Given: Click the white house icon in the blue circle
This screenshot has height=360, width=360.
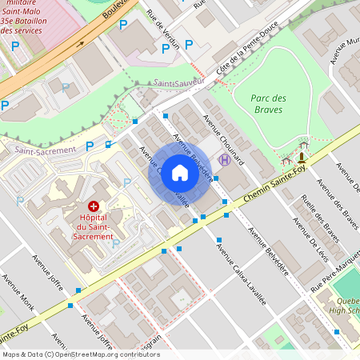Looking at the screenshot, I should point(180,173).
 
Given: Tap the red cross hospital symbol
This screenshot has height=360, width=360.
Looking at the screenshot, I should point(94,206).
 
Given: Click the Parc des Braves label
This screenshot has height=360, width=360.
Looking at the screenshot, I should point(269,104).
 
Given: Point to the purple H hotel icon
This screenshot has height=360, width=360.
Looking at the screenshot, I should point(225,160).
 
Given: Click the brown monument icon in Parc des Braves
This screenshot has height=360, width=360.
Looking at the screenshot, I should point(302,157).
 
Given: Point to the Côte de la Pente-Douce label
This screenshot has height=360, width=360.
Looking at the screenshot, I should point(242,56).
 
